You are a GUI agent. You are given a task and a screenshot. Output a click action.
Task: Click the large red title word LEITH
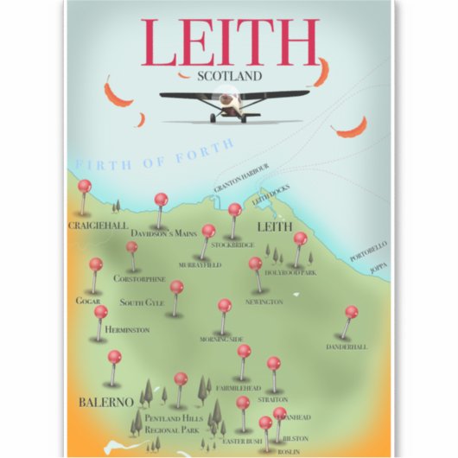tap(229, 40)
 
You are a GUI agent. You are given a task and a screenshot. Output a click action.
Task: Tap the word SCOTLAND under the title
tap(229, 74)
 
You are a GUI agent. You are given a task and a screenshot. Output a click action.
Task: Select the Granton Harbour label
tap(242, 174)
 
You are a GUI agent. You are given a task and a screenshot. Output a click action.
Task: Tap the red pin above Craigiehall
tap(84, 186)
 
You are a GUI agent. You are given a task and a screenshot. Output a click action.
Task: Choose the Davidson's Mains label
tap(164, 233)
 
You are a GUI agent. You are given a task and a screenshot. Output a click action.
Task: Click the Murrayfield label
tap(201, 264)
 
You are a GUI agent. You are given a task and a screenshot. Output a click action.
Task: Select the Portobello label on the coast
tap(368, 251)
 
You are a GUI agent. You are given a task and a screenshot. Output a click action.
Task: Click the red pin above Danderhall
tap(351, 312)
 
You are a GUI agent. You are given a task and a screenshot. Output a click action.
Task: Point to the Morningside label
tap(222, 339)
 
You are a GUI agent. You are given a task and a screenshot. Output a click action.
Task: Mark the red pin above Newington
tap(255, 264)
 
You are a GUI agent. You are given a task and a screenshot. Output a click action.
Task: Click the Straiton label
tap(274, 400)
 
